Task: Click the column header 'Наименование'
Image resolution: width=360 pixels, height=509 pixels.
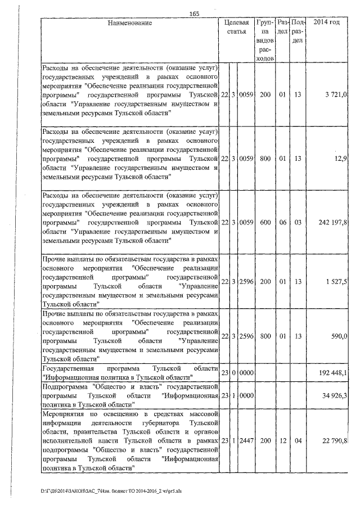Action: click(130, 23)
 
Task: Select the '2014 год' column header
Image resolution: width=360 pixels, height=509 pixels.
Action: click(328, 23)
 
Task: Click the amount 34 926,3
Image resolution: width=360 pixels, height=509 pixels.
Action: click(336, 397)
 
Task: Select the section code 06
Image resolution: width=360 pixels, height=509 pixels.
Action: click(283, 223)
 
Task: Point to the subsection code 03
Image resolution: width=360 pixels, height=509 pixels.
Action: click(298, 223)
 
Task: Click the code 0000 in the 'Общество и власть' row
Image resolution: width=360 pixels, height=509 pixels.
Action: click(246, 397)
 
